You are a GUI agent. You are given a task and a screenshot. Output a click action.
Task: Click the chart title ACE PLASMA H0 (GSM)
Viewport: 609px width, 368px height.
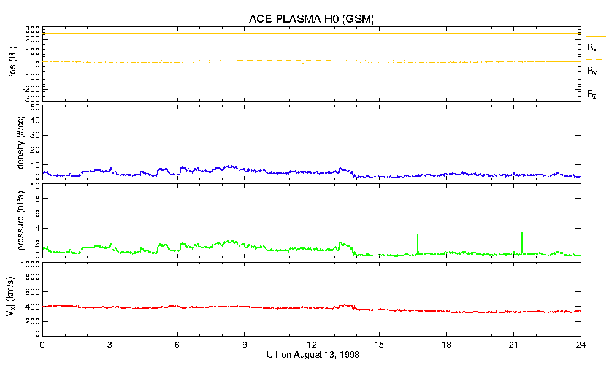point(312,20)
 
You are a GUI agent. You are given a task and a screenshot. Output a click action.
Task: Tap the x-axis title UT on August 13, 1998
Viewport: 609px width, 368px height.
point(312,355)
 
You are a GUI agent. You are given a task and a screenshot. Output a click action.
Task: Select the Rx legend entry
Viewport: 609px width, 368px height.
point(592,47)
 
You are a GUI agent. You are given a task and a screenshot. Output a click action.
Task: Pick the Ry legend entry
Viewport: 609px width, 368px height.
point(592,71)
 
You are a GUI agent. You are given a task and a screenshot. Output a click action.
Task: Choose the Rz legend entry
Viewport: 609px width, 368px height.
point(592,94)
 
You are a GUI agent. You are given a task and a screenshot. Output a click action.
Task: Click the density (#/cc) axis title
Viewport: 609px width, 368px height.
point(22,142)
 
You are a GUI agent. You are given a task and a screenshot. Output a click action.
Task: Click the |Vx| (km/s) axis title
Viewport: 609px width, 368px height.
point(22,299)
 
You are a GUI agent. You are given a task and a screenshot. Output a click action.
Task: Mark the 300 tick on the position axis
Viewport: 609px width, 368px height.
point(32,29)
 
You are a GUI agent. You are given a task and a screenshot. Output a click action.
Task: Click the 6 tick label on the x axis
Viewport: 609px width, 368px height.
point(177,345)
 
